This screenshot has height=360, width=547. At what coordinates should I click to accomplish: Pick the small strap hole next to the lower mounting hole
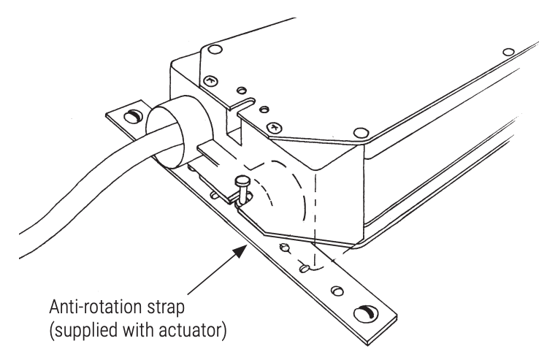337,291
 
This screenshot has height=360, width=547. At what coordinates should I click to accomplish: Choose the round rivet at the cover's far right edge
508,52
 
